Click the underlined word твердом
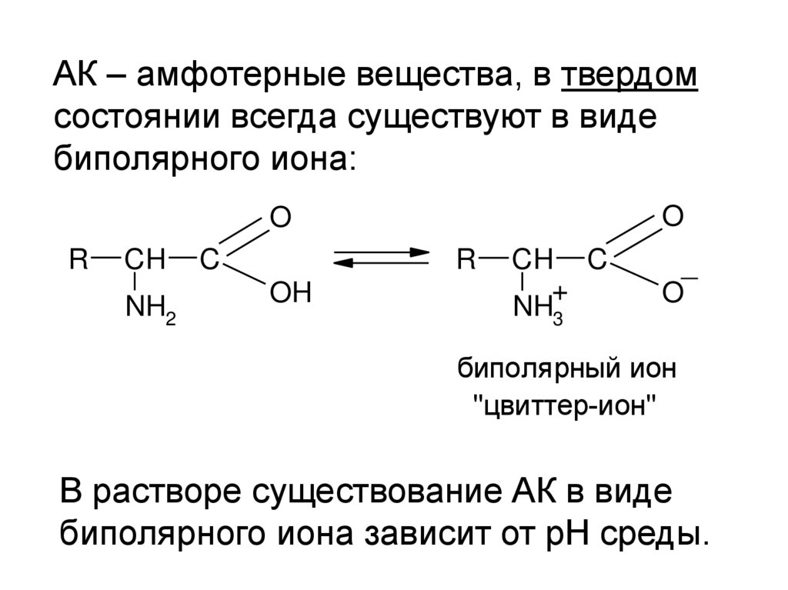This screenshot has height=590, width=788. [x=629, y=77]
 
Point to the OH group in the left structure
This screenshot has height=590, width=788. [x=289, y=293]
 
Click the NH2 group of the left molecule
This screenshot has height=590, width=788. [x=151, y=309]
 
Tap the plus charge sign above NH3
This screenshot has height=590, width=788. [x=560, y=293]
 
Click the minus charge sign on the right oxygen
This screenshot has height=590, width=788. [x=689, y=278]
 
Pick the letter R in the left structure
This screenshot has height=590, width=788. [x=79, y=259]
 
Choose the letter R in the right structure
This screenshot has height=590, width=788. [x=466, y=259]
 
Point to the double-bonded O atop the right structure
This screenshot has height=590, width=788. [x=673, y=216]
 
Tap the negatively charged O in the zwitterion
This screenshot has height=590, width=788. [x=672, y=294]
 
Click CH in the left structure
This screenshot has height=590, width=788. [x=145, y=259]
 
